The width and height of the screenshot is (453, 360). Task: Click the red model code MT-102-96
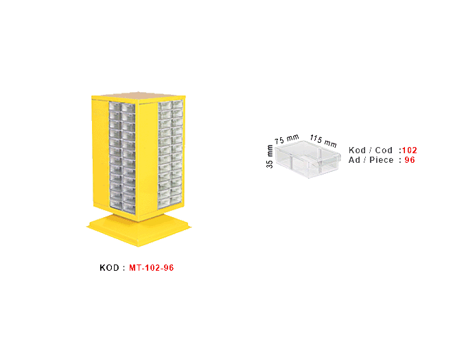point(151,267)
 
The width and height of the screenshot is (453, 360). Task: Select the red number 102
point(409,150)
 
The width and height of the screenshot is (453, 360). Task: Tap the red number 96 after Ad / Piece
point(410,160)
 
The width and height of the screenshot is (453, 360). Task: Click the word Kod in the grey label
point(357,150)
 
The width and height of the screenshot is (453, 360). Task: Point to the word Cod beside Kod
point(384,150)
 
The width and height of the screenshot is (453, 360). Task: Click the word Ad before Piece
point(354,160)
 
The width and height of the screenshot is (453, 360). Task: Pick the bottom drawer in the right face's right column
point(177,200)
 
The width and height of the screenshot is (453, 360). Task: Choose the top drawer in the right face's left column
point(165,106)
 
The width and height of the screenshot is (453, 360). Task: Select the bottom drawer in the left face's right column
point(128,204)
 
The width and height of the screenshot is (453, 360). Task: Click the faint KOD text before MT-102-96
point(110,267)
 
